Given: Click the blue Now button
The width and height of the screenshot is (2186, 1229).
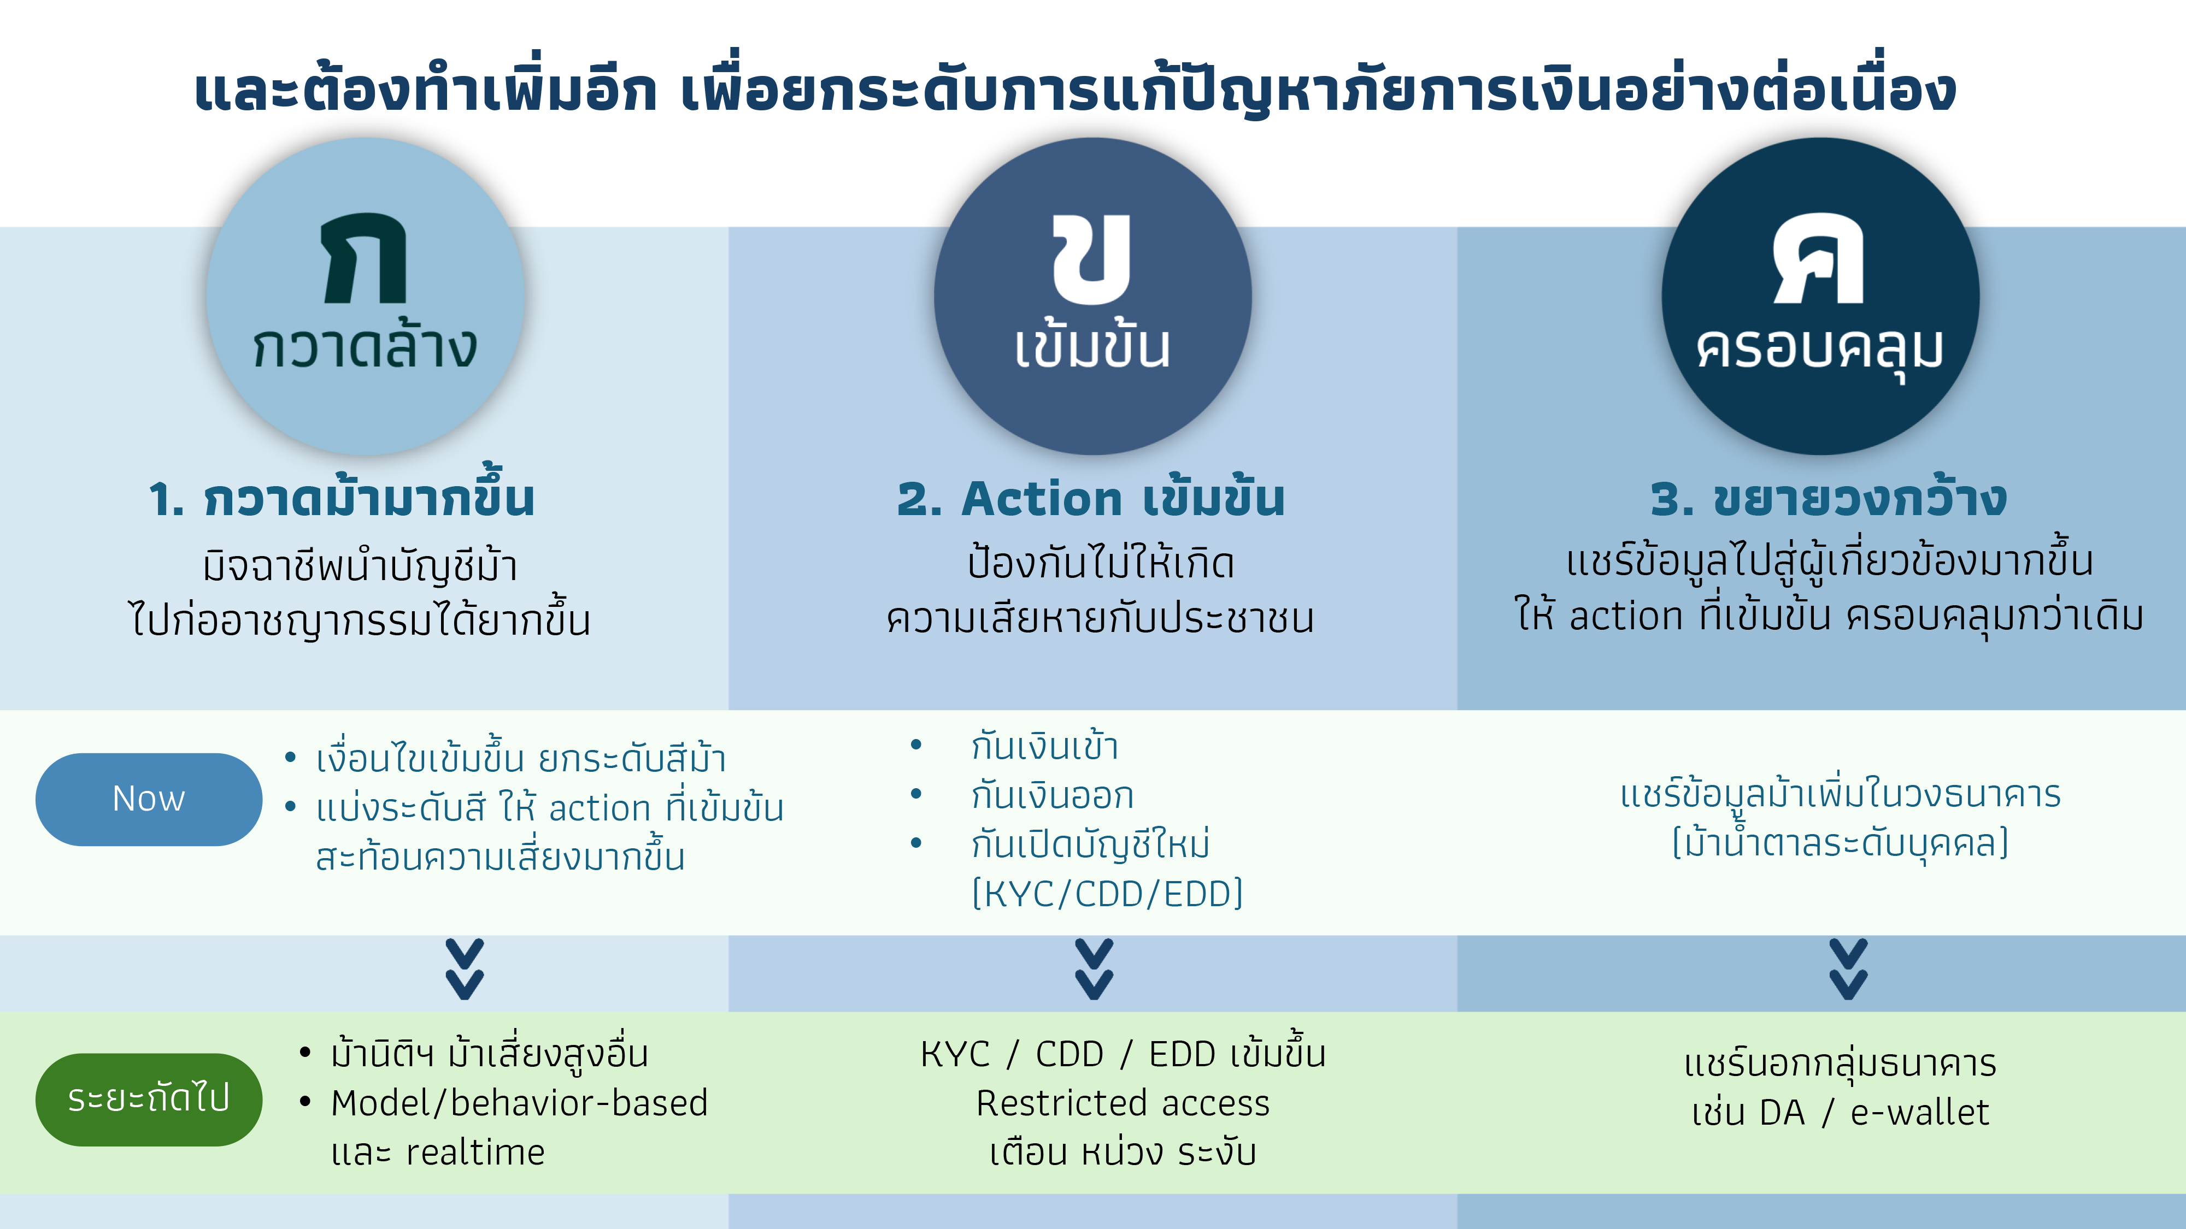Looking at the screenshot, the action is [149, 799].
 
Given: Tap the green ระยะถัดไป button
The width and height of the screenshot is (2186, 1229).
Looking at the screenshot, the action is [149, 1099].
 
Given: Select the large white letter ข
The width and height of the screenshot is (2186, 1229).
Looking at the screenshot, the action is [1092, 259].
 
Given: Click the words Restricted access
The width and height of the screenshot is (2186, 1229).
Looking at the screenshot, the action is [1123, 1103].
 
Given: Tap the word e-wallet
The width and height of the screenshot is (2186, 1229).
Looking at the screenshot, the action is [1919, 1112].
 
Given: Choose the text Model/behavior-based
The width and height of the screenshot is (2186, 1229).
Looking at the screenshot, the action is [519, 1103].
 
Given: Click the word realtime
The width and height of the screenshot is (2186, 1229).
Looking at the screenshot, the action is [475, 1153].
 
